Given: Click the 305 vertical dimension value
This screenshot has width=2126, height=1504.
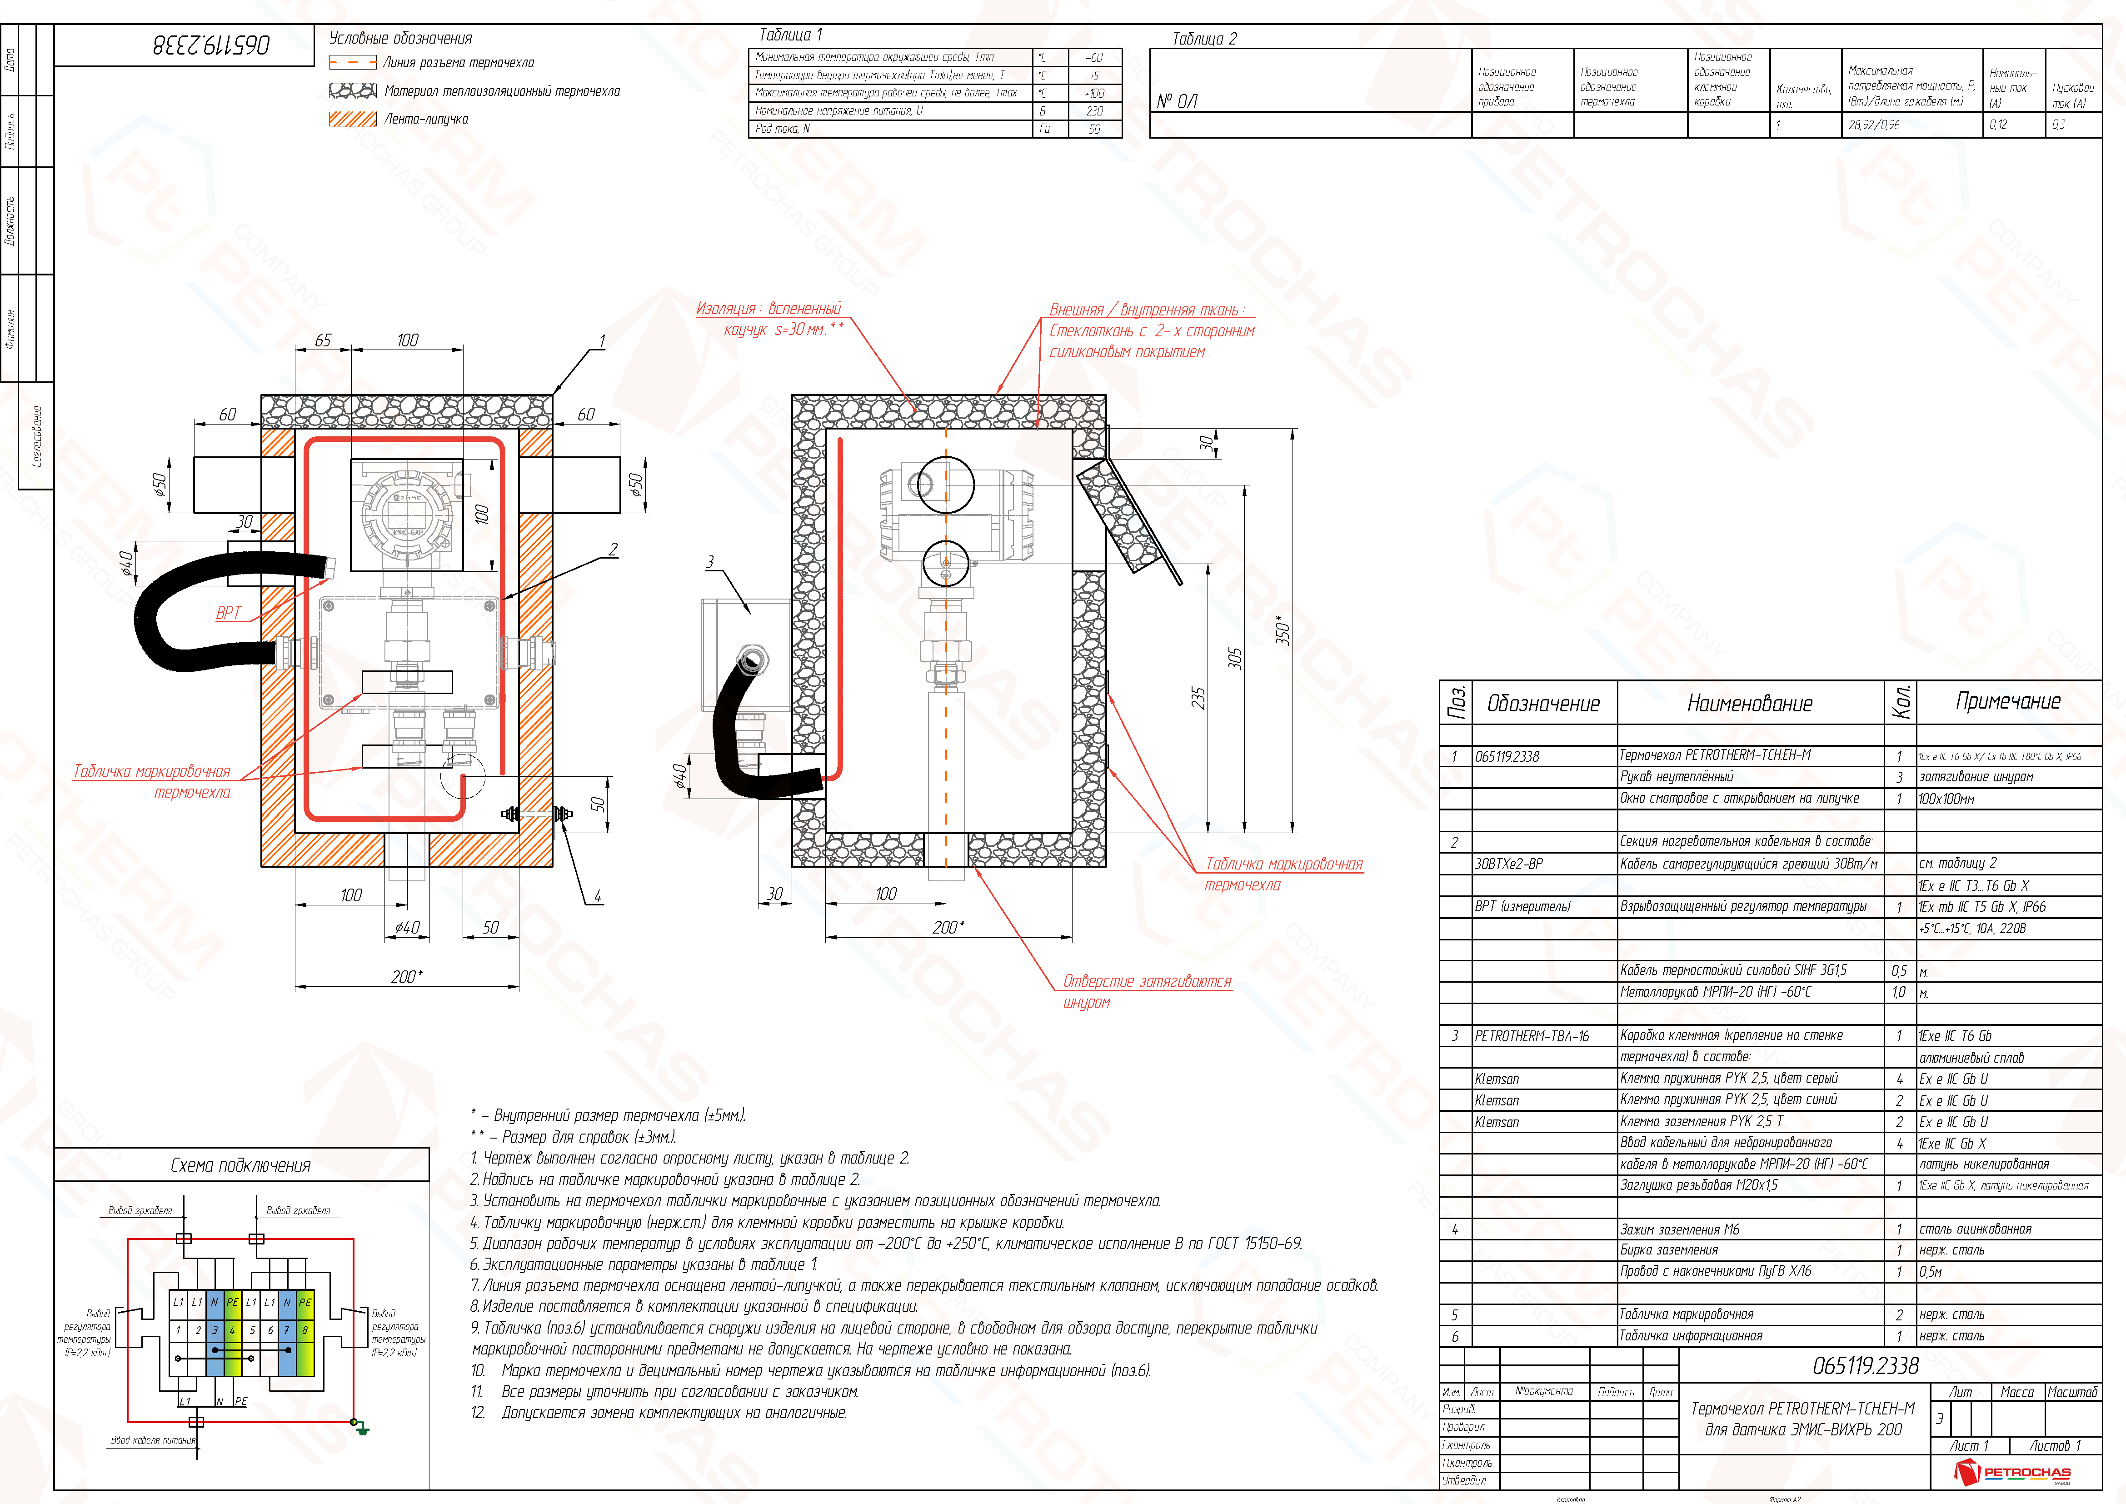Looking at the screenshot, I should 1234,659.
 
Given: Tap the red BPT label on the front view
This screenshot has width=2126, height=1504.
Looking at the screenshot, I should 228,613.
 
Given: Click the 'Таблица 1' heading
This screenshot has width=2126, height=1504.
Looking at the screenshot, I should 790,35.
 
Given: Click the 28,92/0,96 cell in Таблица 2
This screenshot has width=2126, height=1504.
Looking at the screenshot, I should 1873,125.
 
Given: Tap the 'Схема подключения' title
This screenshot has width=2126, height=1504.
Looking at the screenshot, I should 241,1165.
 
